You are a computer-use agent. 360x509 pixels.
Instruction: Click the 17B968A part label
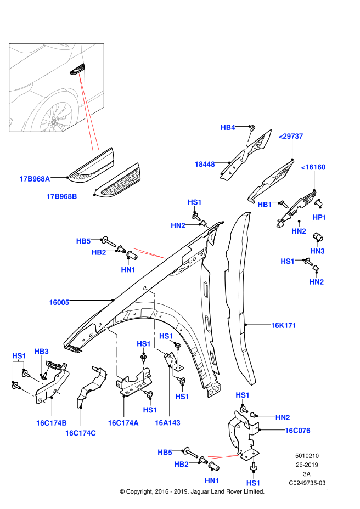pos(35,178)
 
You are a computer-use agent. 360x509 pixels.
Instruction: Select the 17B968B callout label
pos(62,196)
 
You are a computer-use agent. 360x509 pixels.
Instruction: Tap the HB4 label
pos(228,127)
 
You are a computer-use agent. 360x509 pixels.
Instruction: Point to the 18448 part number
pos(204,163)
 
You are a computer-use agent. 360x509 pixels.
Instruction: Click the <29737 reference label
pos(291,136)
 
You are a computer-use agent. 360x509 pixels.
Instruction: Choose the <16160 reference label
pos(313,167)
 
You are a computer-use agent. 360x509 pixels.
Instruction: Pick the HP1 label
pos(319,217)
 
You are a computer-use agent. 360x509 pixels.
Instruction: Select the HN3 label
pos(317,251)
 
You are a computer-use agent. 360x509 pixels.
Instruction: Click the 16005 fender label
pos(59,302)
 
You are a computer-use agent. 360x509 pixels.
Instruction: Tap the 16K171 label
pos(283,325)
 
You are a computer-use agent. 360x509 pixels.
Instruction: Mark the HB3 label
pos(42,351)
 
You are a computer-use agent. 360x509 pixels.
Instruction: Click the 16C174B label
pos(52,422)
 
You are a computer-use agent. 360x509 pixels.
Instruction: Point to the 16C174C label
pos(81,433)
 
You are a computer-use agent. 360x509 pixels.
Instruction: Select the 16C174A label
pos(123,422)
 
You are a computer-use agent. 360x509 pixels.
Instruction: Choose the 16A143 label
pos(167,422)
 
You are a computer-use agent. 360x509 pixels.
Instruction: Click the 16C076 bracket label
pos(297,431)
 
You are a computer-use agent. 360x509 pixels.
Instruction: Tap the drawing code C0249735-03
pos(307,483)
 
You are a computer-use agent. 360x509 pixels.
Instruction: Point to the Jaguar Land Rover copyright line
pos(192,491)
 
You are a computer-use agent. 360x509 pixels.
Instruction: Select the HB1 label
pos(265,204)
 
